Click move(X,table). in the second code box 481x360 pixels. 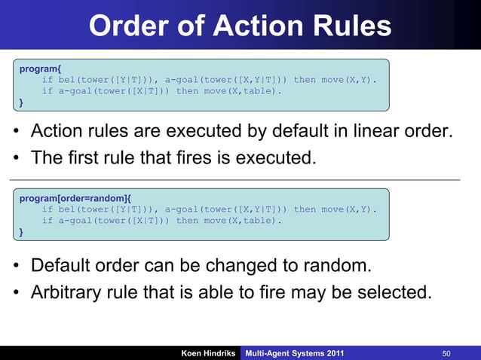click(x=244, y=221)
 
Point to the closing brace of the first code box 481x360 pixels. click(x=21, y=102)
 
